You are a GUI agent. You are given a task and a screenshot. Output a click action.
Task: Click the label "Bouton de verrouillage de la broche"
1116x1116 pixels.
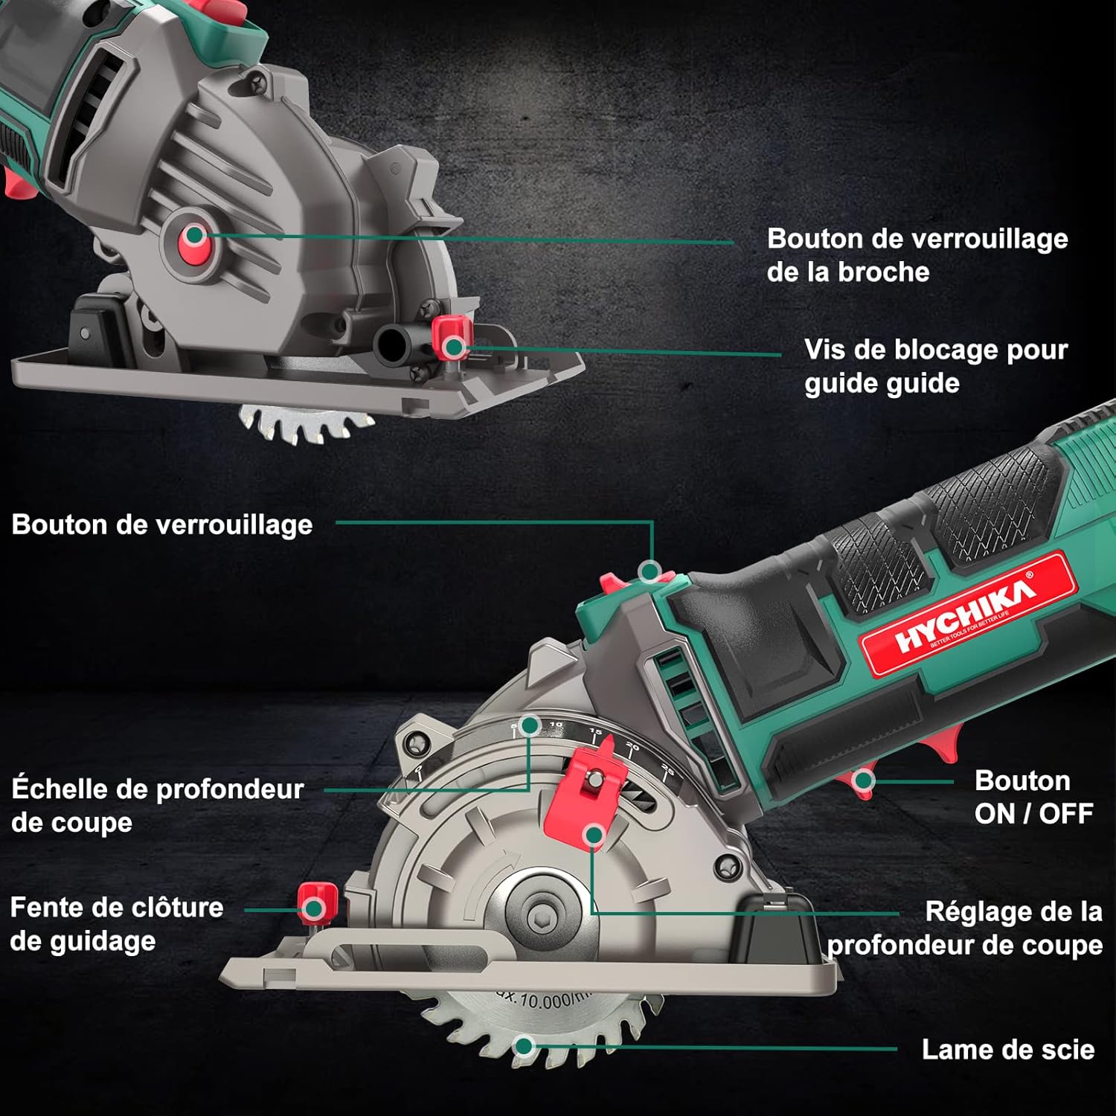tap(917, 255)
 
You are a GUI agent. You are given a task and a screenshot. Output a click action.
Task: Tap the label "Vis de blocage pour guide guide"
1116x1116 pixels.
tap(935, 366)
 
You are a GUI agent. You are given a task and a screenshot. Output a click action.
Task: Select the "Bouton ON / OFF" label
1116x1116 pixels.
tap(1033, 797)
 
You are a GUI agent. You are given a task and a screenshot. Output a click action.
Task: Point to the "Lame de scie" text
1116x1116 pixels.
tap(1007, 1049)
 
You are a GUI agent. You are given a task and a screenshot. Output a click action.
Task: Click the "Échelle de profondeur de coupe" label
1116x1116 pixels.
tap(157, 805)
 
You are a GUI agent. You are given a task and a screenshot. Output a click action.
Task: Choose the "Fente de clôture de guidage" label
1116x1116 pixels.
tap(117, 923)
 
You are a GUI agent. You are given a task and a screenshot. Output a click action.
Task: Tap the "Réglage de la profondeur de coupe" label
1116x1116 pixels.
tap(965, 928)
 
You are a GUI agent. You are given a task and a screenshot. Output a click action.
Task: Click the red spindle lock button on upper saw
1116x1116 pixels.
tap(195, 236)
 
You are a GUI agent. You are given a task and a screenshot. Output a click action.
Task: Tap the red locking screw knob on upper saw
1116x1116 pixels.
tap(450, 336)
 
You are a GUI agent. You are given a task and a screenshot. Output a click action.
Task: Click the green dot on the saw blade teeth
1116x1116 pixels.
tap(525, 1047)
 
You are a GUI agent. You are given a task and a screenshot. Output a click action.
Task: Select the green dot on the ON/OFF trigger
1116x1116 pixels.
tap(863, 780)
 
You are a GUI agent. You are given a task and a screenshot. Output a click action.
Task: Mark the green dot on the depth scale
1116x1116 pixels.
tap(530, 725)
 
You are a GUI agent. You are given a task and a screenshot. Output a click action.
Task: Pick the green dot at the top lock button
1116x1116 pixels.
tap(650, 571)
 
